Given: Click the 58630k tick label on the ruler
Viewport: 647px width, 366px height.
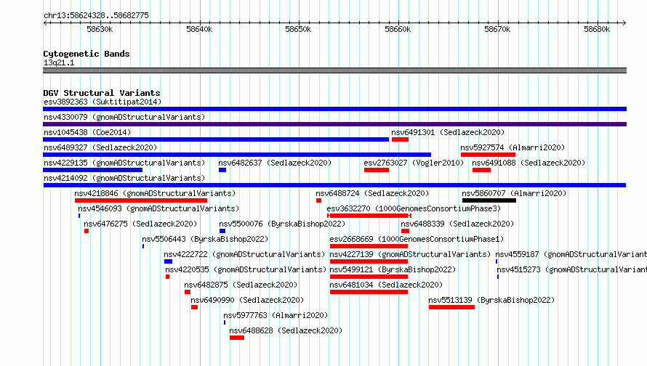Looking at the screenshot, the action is click(100, 29).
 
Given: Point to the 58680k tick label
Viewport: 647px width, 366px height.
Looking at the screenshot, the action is click(597, 29).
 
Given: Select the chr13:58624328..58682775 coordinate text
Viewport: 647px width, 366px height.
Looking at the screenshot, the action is click(96, 16).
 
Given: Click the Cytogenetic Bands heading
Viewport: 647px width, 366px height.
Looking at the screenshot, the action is click(87, 54).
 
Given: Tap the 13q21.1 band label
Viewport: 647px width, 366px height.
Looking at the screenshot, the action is click(59, 62).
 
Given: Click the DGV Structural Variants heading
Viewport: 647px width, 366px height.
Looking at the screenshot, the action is click(102, 93).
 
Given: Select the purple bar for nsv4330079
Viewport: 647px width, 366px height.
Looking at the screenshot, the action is click(334, 124).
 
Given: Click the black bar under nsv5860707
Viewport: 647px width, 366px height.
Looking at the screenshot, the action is click(489, 200).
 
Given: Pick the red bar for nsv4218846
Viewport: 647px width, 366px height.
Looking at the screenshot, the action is click(141, 200).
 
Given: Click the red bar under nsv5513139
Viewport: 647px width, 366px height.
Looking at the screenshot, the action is click(451, 307).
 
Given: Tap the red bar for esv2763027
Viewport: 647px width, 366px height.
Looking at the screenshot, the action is click(377, 170).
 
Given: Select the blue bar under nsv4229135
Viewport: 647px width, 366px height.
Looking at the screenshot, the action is click(92, 170).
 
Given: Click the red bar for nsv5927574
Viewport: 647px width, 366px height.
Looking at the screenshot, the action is click(488, 155).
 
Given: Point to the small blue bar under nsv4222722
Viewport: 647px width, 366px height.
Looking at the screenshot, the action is click(168, 261).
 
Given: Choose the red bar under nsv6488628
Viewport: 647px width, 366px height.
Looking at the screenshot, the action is click(237, 338).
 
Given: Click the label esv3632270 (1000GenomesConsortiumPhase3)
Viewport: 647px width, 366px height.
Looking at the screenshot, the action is click(414, 208).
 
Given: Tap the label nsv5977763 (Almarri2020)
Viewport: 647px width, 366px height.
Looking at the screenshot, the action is click(276, 315).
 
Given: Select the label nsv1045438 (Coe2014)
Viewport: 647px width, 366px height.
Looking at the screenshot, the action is click(87, 132).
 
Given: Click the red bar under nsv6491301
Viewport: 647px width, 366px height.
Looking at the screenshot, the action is click(400, 139).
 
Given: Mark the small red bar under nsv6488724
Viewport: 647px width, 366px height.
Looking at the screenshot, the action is click(318, 200).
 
